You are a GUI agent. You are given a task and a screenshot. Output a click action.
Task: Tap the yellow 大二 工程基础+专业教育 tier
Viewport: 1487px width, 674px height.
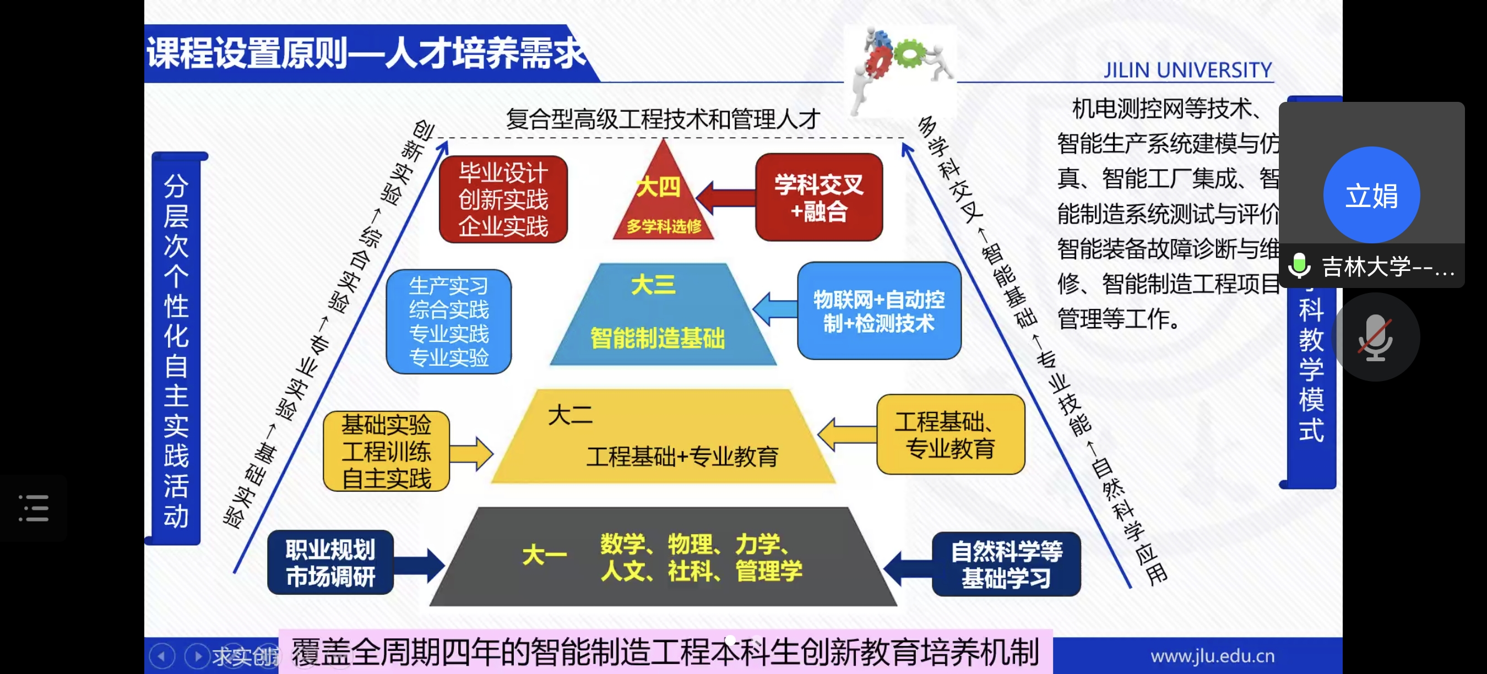(663, 438)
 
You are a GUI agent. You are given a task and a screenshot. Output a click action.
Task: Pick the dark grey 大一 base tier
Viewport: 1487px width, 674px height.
(663, 557)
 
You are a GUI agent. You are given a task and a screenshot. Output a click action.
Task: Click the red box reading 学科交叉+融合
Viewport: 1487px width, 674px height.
(818, 197)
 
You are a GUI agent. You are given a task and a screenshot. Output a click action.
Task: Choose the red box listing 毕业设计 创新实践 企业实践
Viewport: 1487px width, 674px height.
(503, 199)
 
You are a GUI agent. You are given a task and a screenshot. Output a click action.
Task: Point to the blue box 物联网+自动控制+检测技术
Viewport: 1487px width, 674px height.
(878, 311)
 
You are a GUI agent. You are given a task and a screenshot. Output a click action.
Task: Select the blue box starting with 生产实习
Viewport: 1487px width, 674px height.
(448, 322)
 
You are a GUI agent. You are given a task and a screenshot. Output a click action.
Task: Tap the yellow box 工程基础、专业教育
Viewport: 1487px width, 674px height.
(950, 434)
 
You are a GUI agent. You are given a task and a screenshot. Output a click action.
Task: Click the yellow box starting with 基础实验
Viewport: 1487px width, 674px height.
(386, 451)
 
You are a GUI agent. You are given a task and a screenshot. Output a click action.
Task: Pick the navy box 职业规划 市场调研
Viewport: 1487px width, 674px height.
(330, 563)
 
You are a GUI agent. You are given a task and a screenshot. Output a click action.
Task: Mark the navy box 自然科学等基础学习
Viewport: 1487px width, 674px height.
(1006, 564)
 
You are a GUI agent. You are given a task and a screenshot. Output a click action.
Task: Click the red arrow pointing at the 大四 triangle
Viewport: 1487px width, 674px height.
(726, 197)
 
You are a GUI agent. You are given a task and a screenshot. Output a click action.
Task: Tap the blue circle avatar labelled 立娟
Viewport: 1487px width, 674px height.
(1371, 195)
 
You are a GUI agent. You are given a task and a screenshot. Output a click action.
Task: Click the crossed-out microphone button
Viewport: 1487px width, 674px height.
(1375, 338)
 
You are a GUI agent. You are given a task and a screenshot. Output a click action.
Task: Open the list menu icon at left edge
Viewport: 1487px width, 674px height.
(34, 508)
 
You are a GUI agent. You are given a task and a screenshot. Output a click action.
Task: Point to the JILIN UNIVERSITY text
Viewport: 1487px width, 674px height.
(1187, 70)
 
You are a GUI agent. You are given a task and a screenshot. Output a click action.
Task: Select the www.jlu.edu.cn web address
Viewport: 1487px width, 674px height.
(1212, 656)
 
